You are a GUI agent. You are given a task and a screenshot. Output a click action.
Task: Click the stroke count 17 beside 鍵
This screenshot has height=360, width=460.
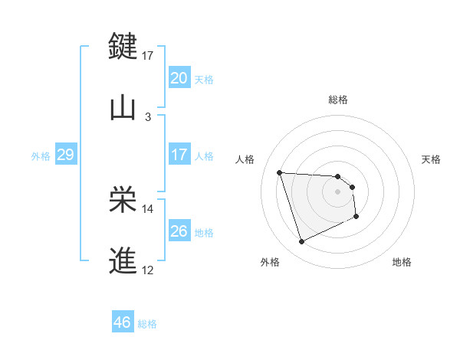pos(148,56)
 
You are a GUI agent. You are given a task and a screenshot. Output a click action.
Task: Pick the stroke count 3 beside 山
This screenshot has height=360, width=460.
pos(148,117)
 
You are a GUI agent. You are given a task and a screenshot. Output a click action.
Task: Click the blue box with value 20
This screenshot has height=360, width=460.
pos(179,78)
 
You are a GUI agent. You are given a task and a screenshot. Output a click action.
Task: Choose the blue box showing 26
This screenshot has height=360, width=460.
pos(179,231)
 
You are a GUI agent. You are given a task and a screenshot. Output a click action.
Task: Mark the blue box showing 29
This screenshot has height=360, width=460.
pos(65,155)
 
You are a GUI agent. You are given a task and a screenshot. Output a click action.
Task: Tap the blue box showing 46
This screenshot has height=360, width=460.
pos(122,322)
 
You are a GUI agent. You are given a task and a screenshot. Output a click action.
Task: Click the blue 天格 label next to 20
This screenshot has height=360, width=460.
pos(204,80)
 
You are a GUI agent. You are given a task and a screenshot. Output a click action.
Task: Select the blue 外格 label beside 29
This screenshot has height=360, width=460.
pos(41,156)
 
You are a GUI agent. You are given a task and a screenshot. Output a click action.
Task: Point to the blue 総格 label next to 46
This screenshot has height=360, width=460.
pos(147,324)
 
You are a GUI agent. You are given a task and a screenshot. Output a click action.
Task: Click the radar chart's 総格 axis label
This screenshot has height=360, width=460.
pos(338,100)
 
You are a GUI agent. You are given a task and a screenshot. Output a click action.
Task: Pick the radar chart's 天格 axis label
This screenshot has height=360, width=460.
pos(432,159)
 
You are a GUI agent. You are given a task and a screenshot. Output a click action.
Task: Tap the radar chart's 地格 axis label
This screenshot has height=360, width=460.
pos(402,262)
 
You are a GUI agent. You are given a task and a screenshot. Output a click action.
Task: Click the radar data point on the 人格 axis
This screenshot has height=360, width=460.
pos(280,172)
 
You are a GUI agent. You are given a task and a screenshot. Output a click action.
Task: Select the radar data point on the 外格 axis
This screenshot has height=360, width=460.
pos(302,242)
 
